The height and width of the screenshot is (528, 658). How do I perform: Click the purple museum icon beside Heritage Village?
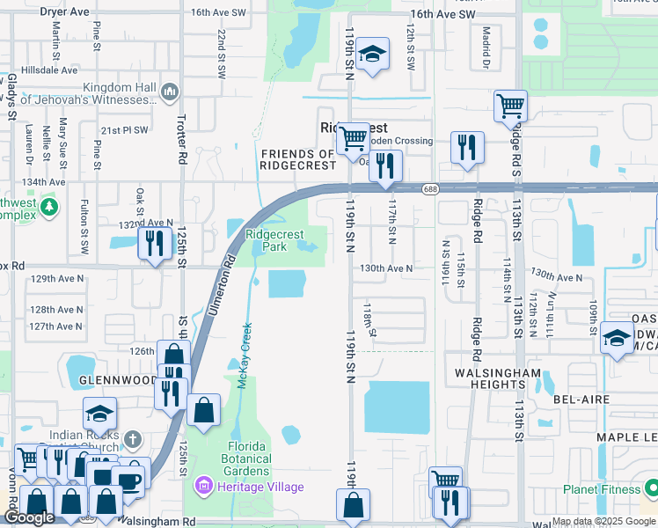pyautogui.click(x=204, y=486)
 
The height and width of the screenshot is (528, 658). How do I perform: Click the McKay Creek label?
pyautogui.click(x=245, y=348)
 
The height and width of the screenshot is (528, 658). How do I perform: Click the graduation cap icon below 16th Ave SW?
pyautogui.click(x=373, y=55)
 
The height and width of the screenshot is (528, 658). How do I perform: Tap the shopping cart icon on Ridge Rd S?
pyautogui.click(x=510, y=106)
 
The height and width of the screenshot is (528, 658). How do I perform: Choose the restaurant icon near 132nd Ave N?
pyautogui.click(x=155, y=243)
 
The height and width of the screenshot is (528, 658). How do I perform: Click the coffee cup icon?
pyautogui.click(x=130, y=480)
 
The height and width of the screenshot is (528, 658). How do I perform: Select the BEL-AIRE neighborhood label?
pyautogui.click(x=576, y=399)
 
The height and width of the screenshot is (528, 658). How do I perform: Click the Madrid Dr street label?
pyautogui.click(x=485, y=51)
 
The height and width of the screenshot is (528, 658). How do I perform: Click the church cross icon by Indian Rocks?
pyautogui.click(x=131, y=438)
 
